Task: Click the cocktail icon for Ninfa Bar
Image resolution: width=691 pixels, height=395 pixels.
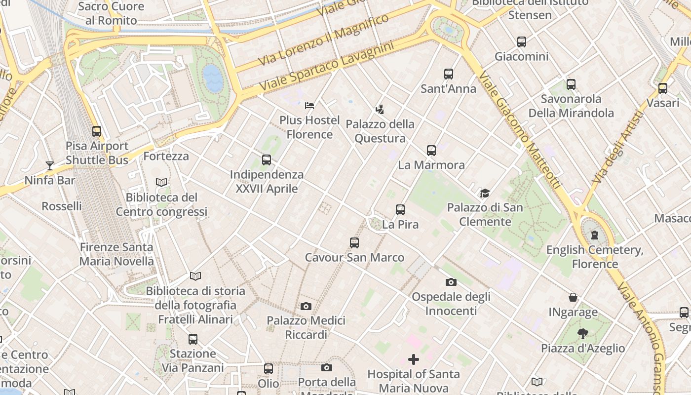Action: click(49, 165)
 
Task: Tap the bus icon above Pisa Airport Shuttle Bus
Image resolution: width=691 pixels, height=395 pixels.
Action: click(97, 131)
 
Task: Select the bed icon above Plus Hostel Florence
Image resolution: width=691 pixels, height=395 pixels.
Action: click(309, 106)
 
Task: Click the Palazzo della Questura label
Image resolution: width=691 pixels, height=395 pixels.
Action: click(380, 131)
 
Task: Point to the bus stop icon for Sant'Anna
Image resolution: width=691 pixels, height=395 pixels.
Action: click(448, 74)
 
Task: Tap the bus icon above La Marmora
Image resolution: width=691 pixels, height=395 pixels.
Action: click(431, 151)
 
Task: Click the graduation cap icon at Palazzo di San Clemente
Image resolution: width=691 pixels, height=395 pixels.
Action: click(485, 193)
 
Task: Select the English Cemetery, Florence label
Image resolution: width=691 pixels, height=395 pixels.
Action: click(595, 257)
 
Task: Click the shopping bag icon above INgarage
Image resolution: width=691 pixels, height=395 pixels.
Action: click(573, 298)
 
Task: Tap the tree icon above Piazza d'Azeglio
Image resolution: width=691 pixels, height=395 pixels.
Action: click(583, 334)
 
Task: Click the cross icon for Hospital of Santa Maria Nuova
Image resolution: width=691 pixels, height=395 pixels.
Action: click(414, 359)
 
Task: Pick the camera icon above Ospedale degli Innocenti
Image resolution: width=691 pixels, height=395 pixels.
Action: click(451, 282)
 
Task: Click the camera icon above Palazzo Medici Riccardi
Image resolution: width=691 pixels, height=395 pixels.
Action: click(306, 307)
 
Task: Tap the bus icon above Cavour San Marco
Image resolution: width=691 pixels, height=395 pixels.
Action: click(354, 243)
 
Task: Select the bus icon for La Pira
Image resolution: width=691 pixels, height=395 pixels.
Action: click(400, 210)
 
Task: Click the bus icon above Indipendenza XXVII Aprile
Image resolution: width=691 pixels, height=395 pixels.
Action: click(267, 160)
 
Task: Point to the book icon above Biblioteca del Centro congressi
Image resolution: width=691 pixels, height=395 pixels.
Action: click(161, 183)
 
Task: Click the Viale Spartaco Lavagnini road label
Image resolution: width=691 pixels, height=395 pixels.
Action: click(326, 66)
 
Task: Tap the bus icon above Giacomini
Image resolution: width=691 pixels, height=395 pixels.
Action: click(522, 42)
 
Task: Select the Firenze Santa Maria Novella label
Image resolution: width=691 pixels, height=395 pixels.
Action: click(116, 254)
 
